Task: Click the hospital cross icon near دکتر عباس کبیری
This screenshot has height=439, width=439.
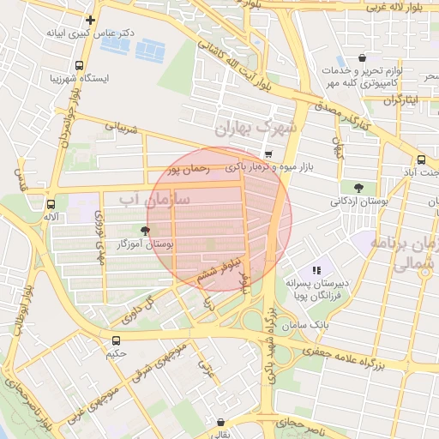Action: click(90, 19)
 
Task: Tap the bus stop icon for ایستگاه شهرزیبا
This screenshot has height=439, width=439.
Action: click(80, 65)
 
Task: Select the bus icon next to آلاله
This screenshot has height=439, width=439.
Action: click(51, 205)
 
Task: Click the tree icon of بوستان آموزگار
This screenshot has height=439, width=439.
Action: click(144, 230)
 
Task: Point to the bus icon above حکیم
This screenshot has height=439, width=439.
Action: click(116, 340)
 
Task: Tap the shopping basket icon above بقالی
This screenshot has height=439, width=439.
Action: click(221, 422)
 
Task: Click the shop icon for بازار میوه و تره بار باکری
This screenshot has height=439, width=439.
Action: click(269, 154)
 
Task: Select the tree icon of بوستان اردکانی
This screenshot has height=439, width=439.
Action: click(358, 188)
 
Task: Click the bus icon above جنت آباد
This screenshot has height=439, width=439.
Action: click(420, 159)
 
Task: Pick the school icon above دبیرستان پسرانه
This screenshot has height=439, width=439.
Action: click(316, 270)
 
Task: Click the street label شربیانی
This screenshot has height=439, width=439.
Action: click(121, 129)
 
